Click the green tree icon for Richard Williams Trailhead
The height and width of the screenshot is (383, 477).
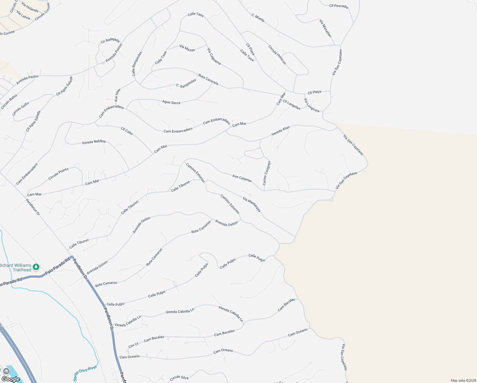(x=36, y=267)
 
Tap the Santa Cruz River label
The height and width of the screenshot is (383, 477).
(x=85, y=373)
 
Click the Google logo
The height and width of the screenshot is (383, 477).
(x=11, y=379)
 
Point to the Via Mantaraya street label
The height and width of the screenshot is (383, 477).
(x=252, y=204)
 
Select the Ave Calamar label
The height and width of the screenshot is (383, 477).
(x=242, y=178)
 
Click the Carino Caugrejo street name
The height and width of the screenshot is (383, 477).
(x=267, y=173)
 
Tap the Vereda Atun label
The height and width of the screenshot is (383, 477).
(x=281, y=131)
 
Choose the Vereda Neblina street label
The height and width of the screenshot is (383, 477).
(x=94, y=142)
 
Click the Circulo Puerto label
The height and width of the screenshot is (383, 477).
(x=58, y=174)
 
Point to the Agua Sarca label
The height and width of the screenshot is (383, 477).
(x=171, y=102)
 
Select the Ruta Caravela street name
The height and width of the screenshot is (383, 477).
(x=208, y=79)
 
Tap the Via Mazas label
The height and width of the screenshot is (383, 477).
(x=187, y=48)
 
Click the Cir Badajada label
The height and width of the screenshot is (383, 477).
(x=110, y=40)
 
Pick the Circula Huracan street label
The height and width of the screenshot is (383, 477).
(x=277, y=55)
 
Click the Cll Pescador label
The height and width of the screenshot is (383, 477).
(x=339, y=6)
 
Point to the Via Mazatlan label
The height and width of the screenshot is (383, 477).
(x=326, y=28)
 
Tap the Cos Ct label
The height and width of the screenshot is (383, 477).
(x=133, y=345)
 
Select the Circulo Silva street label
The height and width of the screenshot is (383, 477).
(x=179, y=378)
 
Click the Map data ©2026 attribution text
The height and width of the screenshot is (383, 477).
(x=463, y=380)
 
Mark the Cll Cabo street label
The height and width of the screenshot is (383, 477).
(x=127, y=131)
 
